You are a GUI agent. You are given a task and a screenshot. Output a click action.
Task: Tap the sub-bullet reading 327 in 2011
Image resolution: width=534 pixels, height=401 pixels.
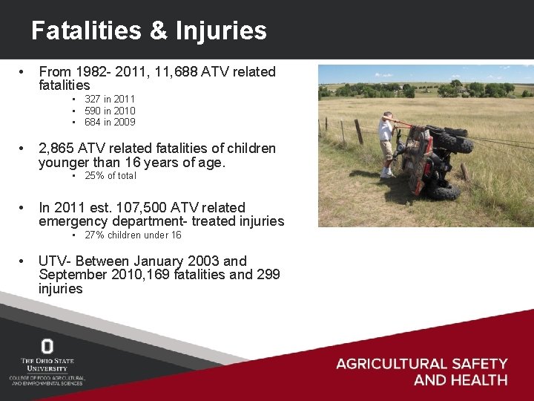(x=110, y=99)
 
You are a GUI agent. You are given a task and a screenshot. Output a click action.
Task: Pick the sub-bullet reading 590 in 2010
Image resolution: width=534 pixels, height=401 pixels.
(x=110, y=111)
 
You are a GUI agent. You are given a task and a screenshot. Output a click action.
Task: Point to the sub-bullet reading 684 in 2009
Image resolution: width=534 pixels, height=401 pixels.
(x=110, y=122)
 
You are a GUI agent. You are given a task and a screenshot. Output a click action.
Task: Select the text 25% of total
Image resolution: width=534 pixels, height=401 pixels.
(x=111, y=176)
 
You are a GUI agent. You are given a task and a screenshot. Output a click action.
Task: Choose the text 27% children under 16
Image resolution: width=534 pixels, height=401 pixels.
(x=133, y=235)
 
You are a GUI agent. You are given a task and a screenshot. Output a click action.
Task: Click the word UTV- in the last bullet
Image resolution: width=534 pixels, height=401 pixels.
(x=55, y=261)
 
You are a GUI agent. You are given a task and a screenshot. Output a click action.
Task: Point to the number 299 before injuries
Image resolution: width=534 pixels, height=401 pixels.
(x=267, y=275)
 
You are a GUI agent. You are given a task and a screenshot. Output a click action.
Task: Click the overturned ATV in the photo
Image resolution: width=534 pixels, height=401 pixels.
(x=434, y=160)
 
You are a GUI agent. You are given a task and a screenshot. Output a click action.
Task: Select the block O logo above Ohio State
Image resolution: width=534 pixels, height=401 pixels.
(x=47, y=346)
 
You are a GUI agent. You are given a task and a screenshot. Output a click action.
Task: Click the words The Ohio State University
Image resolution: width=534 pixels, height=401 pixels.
(x=47, y=364)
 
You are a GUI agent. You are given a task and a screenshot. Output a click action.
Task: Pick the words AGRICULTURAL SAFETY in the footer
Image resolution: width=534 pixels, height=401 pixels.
(x=421, y=364)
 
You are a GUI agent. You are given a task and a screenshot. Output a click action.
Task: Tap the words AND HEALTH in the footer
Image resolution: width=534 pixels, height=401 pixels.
(x=460, y=380)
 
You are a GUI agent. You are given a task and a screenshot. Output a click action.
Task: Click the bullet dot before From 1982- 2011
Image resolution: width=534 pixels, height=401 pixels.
(x=26, y=72)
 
